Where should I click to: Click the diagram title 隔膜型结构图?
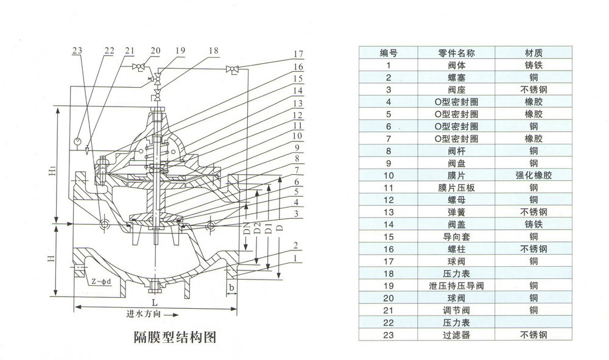(175, 337)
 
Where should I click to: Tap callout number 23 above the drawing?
(77, 51)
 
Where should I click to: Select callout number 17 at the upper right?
(298, 54)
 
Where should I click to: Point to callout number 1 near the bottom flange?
(295, 258)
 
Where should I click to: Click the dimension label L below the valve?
(155, 302)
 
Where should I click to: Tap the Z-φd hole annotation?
(101, 281)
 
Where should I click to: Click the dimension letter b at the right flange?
(231, 288)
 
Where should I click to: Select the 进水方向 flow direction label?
(143, 314)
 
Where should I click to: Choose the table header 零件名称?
(456, 53)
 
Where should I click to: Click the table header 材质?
(533, 53)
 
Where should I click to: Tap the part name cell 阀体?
(456, 65)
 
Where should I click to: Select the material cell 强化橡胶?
(533, 175)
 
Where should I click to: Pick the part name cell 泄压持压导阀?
(456, 286)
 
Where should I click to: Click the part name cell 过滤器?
(456, 335)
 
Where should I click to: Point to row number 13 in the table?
(389, 212)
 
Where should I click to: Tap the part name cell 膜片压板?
(456, 188)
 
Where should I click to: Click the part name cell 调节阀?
(456, 310)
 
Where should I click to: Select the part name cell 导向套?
(456, 236)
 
